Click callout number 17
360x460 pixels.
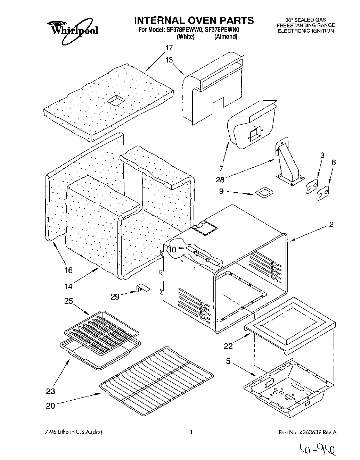pyautogui.click(x=169, y=48)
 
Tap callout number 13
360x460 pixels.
pyautogui.click(x=169, y=60)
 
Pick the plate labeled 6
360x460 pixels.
pyautogui.click(x=323, y=193)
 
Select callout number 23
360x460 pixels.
pyautogui.click(x=51, y=391)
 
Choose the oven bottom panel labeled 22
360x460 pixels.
pyautogui.click(x=290, y=324)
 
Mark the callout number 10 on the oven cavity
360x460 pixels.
pyautogui.click(x=173, y=249)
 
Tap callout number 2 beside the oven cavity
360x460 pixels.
pyautogui.click(x=331, y=225)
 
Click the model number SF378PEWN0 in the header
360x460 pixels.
pyautogui.click(x=223, y=30)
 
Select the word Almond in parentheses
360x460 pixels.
pyautogui.click(x=226, y=37)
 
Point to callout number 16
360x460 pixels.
pyautogui.click(x=68, y=270)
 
